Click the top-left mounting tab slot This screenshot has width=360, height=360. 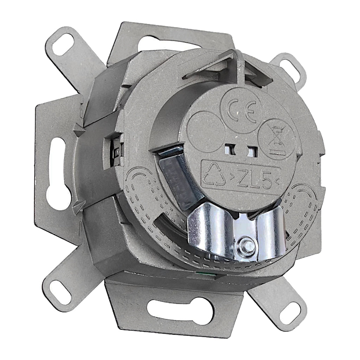pos(62,44)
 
